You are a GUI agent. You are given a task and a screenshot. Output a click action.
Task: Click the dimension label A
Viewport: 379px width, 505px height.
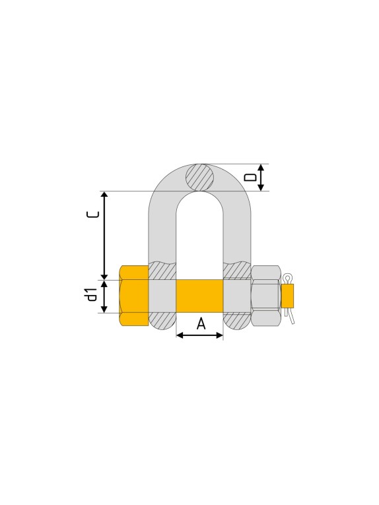(201, 323)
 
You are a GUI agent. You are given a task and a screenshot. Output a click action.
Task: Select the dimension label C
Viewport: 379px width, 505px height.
(92, 215)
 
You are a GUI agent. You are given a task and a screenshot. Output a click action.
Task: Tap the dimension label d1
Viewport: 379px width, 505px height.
(92, 295)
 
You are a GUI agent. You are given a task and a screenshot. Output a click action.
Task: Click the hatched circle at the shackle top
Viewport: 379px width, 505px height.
(199, 177)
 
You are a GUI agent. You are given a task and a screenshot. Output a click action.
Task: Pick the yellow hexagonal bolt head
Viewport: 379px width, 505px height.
(134, 296)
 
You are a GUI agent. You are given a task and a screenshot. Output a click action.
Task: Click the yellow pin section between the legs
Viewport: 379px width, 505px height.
(199, 296)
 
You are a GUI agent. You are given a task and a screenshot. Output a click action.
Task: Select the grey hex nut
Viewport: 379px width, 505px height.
(266, 296)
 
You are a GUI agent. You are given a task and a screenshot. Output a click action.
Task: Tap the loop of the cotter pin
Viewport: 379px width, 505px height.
(287, 278)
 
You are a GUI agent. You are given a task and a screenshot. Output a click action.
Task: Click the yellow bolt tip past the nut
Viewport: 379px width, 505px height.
(287, 295)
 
